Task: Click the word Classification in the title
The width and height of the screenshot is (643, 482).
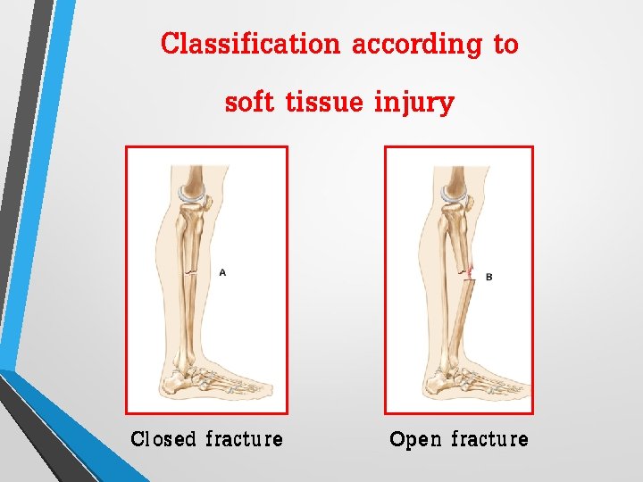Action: (250, 44)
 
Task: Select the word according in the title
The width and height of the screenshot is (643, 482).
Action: (416, 44)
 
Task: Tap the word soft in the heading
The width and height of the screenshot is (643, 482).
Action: (249, 103)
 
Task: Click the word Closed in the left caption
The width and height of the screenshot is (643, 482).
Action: (163, 439)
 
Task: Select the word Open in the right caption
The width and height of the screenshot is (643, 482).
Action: (415, 439)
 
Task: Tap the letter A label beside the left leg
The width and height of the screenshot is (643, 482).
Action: (222, 272)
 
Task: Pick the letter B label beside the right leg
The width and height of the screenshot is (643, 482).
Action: (489, 278)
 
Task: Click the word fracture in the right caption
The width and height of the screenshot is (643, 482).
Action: (489, 439)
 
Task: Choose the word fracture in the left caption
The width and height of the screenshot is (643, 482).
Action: (244, 439)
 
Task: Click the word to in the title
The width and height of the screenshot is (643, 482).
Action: (505, 45)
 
